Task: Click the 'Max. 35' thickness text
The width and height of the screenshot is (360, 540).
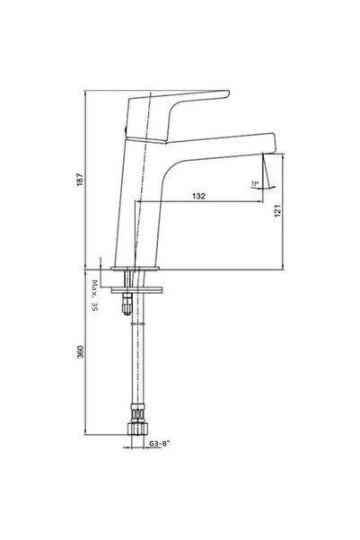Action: [x=92, y=296]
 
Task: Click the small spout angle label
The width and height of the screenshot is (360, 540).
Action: [x=256, y=184]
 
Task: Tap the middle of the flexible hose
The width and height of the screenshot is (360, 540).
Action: [x=136, y=359]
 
